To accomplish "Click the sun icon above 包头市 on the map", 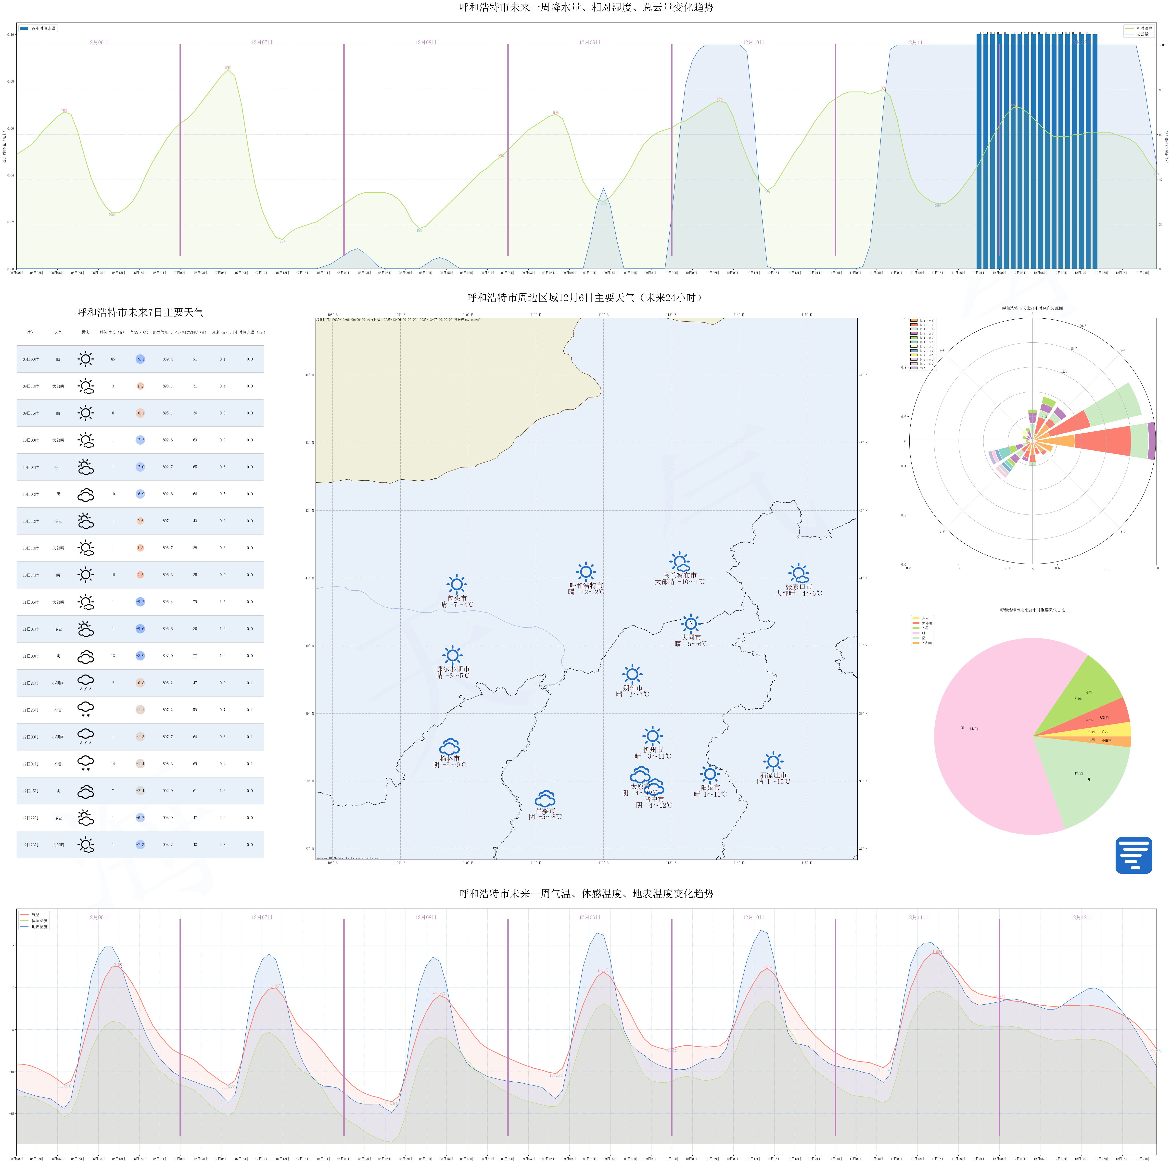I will (x=456, y=584).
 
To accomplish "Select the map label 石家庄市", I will (x=773, y=775).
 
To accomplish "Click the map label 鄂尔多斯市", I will (x=453, y=669).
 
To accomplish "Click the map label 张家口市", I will (x=799, y=587).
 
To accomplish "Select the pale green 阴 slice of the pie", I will (x=1085, y=782).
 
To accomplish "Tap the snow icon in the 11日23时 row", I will (x=86, y=710).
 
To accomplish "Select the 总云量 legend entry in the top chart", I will (x=1142, y=35).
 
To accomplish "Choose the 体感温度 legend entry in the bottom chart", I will (x=39, y=921).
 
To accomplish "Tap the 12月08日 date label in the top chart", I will (x=425, y=42).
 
